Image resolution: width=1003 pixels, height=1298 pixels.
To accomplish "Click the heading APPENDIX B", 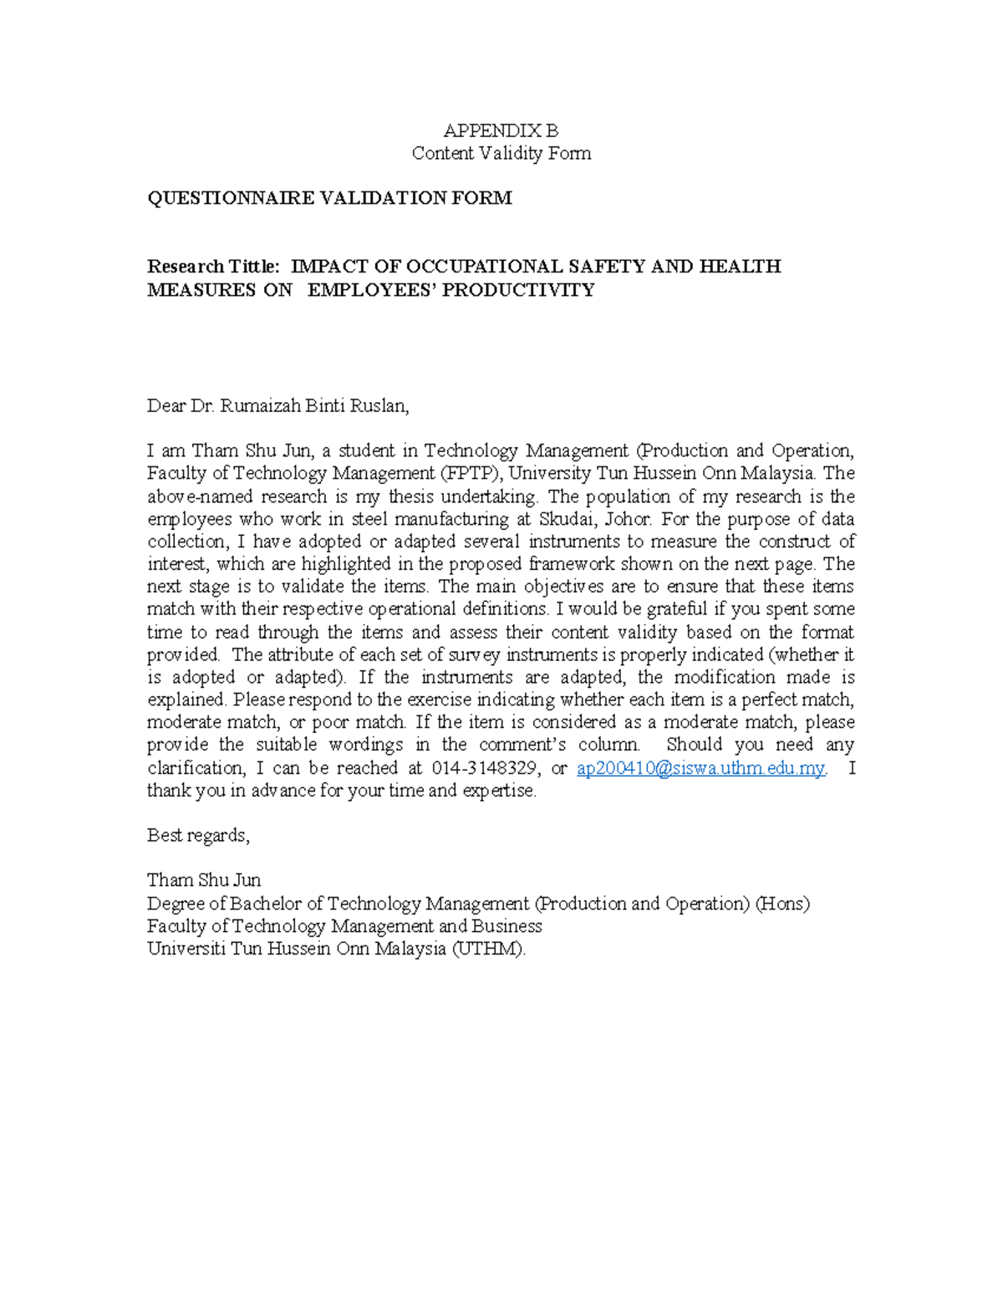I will point(501,130).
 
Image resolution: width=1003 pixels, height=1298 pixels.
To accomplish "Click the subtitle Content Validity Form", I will point(501,153).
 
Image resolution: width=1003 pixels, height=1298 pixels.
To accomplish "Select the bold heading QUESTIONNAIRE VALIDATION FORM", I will point(329,198).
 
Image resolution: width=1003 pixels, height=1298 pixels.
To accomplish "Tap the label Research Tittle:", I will point(213,267).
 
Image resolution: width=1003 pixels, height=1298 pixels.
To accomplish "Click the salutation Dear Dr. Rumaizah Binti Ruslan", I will point(277,406).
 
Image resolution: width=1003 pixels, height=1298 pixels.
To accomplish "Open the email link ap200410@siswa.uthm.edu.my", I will point(700,768).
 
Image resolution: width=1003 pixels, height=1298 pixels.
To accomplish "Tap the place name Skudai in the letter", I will point(568,519).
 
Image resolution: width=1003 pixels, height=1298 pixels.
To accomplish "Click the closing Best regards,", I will point(198,835).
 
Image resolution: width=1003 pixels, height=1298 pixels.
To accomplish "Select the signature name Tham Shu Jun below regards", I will point(204,880).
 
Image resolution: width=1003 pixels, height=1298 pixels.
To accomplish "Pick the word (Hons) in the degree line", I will point(782,904).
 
